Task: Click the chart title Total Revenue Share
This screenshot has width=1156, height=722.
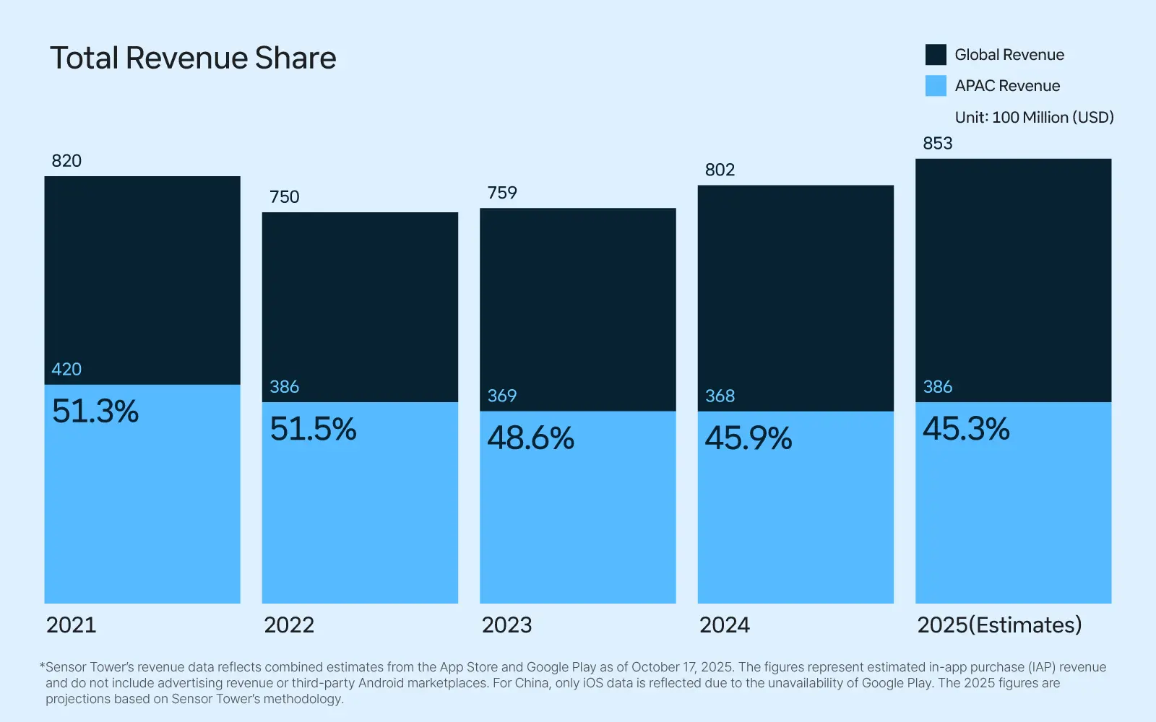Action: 193,58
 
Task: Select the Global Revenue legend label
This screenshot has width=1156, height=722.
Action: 1009,55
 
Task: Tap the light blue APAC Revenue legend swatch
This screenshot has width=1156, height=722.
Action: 936,86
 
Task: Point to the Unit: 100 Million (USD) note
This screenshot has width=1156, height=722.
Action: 1034,117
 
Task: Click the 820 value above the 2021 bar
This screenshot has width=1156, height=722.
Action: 66,161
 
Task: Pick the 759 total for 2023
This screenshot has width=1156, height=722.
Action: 502,193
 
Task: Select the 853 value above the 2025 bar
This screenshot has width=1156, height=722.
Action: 937,143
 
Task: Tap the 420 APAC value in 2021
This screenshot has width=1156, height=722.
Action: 66,369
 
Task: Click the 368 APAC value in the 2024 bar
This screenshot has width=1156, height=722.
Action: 720,396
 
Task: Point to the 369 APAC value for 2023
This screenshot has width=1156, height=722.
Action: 502,396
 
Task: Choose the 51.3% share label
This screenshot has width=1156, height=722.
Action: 95,412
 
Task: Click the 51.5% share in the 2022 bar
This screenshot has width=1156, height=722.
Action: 313,430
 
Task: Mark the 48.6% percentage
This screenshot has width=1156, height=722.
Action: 531,438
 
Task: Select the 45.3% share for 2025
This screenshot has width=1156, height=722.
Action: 966,429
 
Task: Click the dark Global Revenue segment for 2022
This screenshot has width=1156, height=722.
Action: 360,303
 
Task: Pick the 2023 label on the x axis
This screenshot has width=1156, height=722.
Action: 506,625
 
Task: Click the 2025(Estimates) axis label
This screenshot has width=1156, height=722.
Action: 999,625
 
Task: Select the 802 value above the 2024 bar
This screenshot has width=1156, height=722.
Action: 720,170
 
